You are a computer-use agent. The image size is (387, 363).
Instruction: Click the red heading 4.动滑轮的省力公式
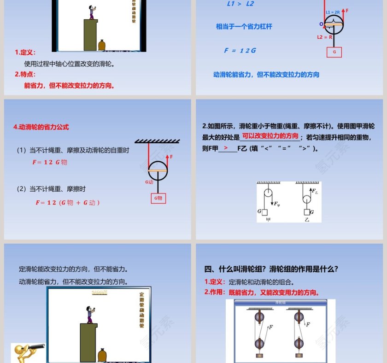point(41,127)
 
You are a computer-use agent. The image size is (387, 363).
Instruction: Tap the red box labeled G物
point(158,198)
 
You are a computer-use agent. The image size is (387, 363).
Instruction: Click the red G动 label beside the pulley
point(149,182)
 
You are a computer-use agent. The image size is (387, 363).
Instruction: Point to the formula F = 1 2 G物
point(50,162)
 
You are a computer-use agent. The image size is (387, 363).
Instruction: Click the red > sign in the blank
point(226,148)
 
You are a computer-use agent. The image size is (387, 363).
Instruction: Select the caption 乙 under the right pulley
point(307,220)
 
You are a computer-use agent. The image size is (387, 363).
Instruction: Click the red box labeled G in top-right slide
point(334,52)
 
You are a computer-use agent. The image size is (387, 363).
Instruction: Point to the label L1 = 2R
point(333,12)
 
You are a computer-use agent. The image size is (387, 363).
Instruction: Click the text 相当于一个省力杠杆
point(244,27)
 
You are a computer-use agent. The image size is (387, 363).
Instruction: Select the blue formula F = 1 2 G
point(240,51)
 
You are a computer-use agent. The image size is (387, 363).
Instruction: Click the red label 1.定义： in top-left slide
point(25,53)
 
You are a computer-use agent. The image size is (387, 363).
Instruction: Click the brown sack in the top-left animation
point(102,45)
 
